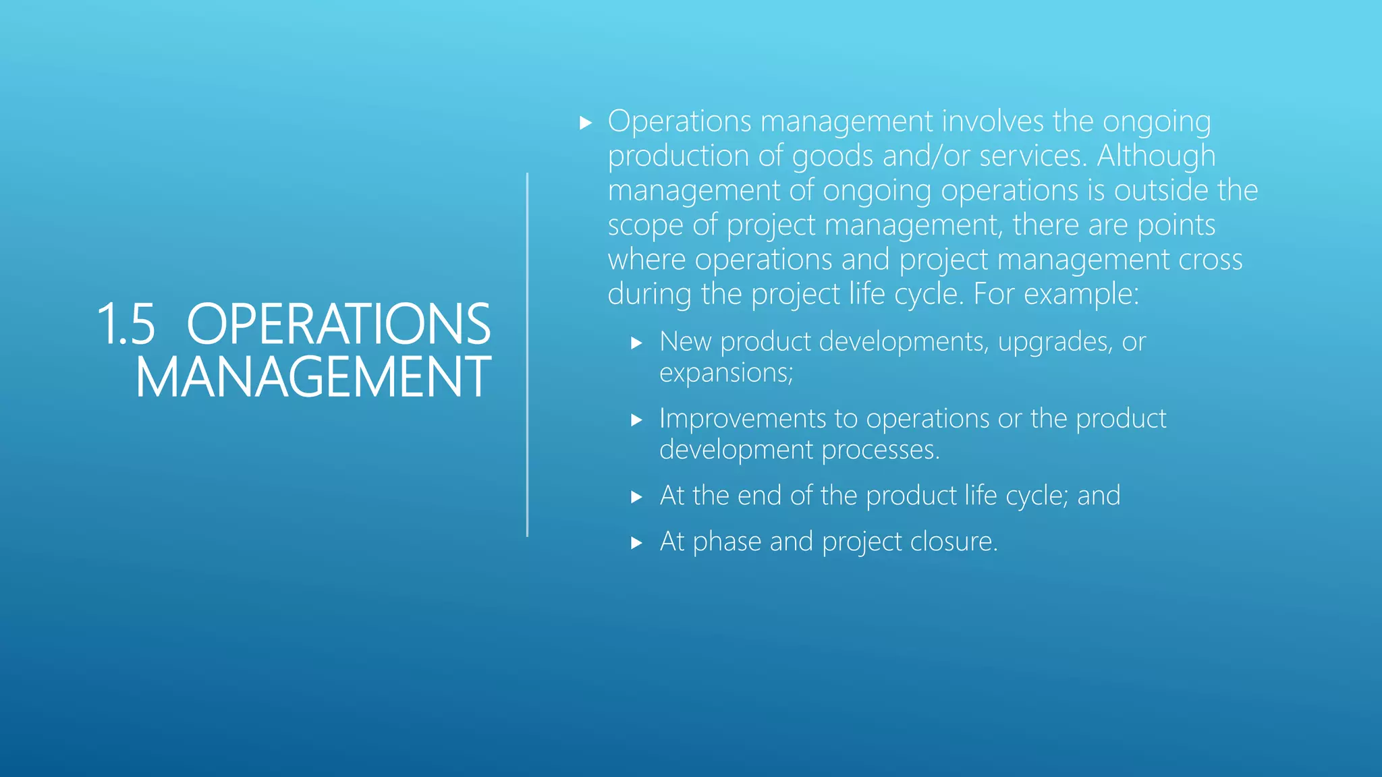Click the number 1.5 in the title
[126, 324]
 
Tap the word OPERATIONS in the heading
[339, 324]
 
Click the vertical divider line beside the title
[527, 355]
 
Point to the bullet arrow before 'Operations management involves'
[585, 123]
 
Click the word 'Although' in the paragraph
[1156, 156]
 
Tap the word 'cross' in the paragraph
[1210, 260]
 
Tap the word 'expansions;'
[726, 373]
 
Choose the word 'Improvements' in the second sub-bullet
[742, 419]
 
